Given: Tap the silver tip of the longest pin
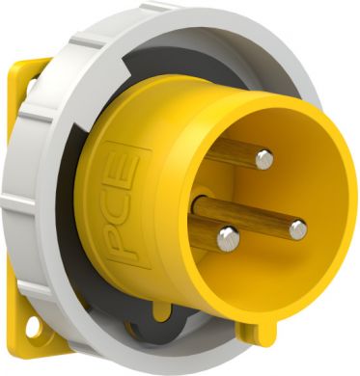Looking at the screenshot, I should coord(297,228).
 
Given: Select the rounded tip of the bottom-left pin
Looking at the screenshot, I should coord(227,237).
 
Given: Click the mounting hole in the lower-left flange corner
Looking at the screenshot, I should coord(34,327).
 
